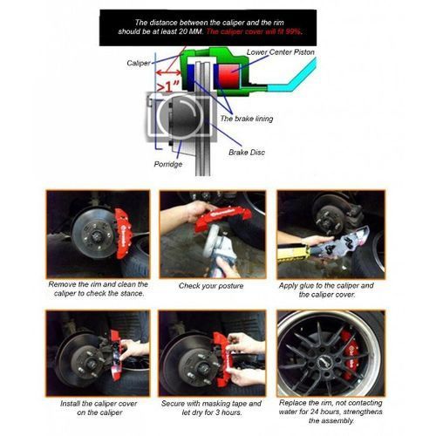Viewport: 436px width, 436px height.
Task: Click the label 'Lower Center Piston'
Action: [x=281, y=52]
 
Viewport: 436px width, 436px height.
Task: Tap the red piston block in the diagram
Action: [x=228, y=75]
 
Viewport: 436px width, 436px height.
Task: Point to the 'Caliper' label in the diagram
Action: [x=139, y=63]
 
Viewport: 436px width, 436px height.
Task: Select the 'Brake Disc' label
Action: [x=247, y=153]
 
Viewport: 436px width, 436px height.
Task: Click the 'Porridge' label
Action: [x=168, y=164]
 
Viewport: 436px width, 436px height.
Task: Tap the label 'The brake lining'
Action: [x=247, y=119]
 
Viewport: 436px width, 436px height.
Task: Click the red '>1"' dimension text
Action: [x=167, y=86]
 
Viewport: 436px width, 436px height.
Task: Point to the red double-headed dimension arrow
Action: [x=168, y=72]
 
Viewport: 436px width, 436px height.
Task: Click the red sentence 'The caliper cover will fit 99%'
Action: [x=254, y=31]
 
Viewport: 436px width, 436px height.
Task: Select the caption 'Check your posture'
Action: [x=211, y=286]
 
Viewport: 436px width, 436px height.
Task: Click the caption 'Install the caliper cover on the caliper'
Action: [x=99, y=408]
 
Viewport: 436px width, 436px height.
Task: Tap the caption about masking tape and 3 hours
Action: [x=211, y=408]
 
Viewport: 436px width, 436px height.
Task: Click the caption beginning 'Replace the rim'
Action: [x=330, y=412]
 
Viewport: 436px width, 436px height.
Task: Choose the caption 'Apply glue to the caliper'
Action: [x=326, y=290]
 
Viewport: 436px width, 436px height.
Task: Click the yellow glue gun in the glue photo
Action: [x=294, y=253]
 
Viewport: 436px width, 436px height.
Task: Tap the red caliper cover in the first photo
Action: [x=123, y=233]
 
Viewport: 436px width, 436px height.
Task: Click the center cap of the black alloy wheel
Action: [x=324, y=362]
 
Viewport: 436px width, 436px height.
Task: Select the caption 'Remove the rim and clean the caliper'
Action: [x=99, y=289]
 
